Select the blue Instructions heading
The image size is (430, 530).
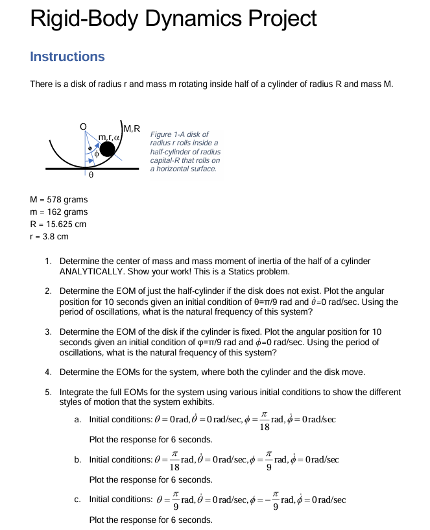click(67, 56)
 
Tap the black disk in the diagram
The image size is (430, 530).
click(108, 150)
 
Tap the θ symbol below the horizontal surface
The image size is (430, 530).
click(91, 175)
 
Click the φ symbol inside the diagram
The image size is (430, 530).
click(96, 154)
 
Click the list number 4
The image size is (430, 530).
click(49, 372)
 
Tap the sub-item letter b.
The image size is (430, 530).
click(77, 460)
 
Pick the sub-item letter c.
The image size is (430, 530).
click(77, 500)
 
